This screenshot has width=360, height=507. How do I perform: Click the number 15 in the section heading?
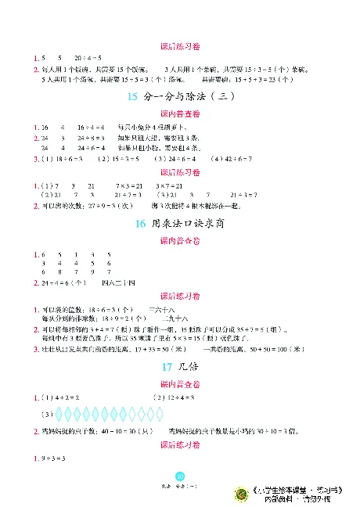[x=131, y=97]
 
